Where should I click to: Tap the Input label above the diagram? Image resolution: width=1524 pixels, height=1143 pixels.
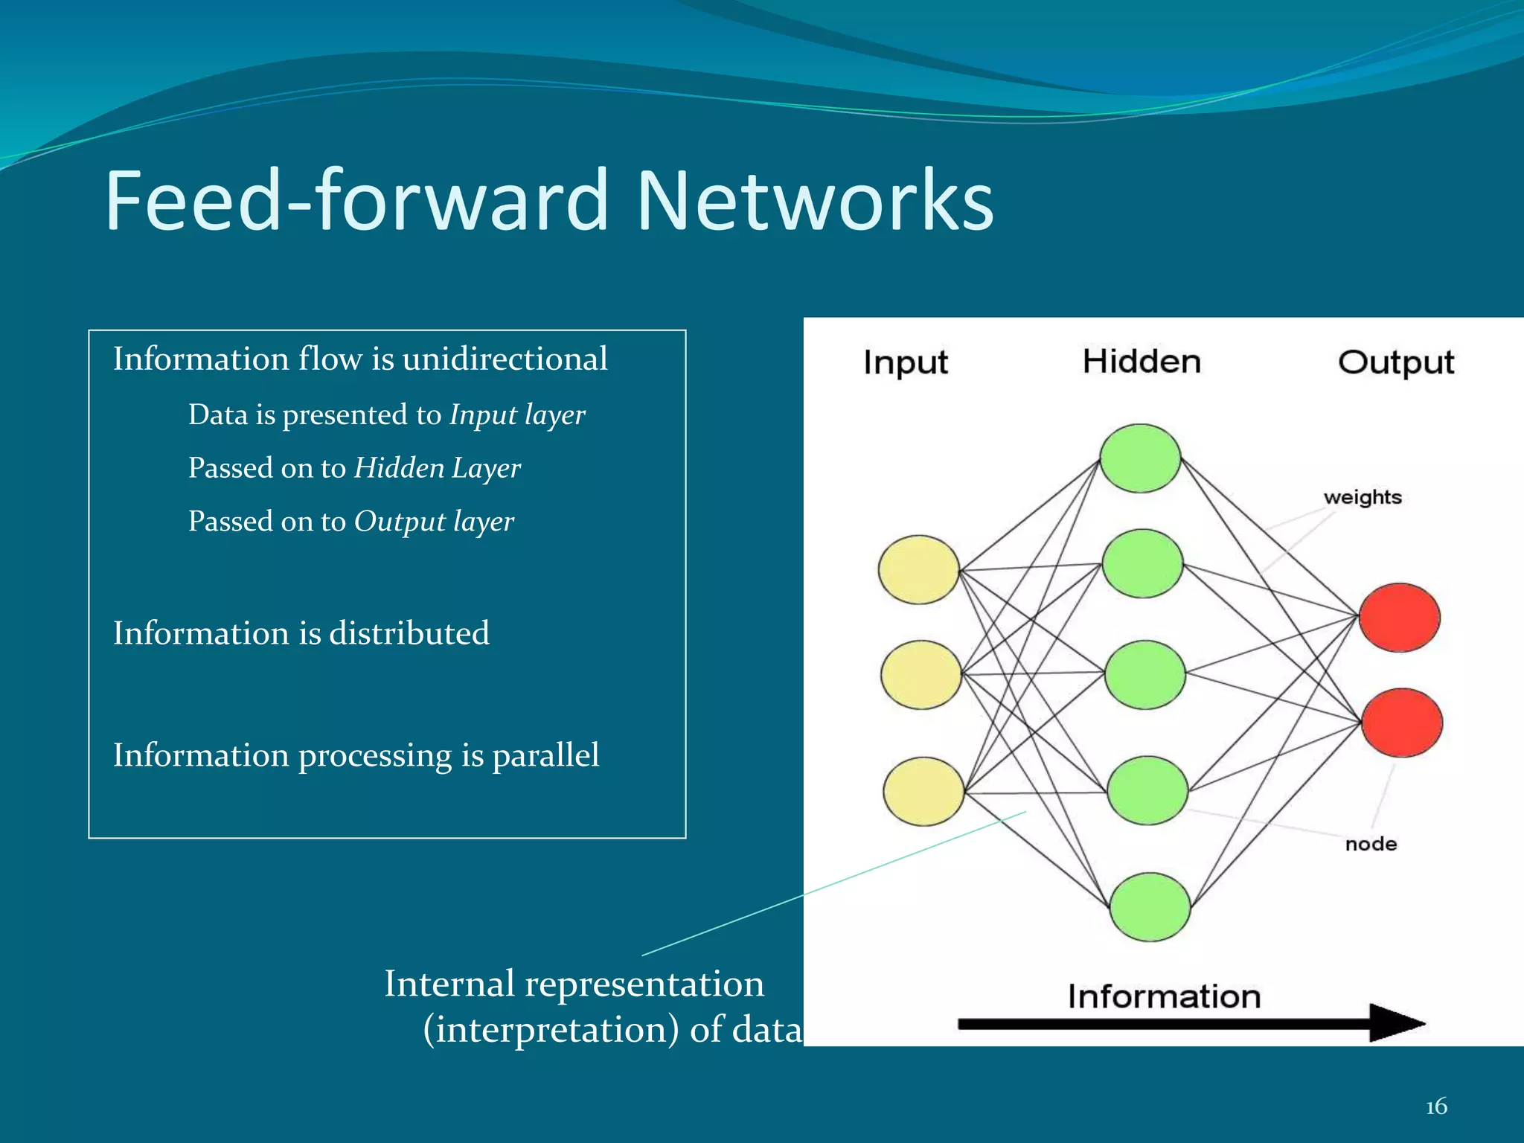click(x=905, y=362)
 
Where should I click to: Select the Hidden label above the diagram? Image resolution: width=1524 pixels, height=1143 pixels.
click(x=1142, y=362)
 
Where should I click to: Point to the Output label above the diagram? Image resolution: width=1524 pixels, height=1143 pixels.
click(x=1395, y=362)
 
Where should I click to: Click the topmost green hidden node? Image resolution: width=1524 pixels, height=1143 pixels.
click(x=1140, y=458)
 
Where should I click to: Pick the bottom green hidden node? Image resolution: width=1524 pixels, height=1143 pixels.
click(x=1150, y=907)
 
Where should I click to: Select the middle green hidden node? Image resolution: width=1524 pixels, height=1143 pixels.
click(x=1144, y=674)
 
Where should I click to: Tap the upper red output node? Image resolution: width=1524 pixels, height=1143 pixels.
click(x=1399, y=618)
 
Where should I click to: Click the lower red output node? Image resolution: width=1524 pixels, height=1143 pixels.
click(x=1402, y=723)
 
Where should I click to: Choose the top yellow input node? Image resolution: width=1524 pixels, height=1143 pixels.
click(x=918, y=569)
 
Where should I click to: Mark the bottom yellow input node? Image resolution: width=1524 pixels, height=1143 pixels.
click(x=923, y=791)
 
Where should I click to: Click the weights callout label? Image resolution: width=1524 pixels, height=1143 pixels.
click(x=1362, y=497)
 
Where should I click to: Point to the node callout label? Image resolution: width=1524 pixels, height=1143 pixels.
click(x=1371, y=844)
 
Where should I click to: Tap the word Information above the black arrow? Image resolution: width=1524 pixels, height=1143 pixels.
click(x=1164, y=996)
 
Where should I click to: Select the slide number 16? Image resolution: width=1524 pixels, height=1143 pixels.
click(x=1436, y=1107)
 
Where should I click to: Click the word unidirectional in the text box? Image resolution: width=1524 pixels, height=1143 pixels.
click(x=505, y=359)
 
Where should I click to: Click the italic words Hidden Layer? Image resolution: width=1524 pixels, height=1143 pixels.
click(x=437, y=468)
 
